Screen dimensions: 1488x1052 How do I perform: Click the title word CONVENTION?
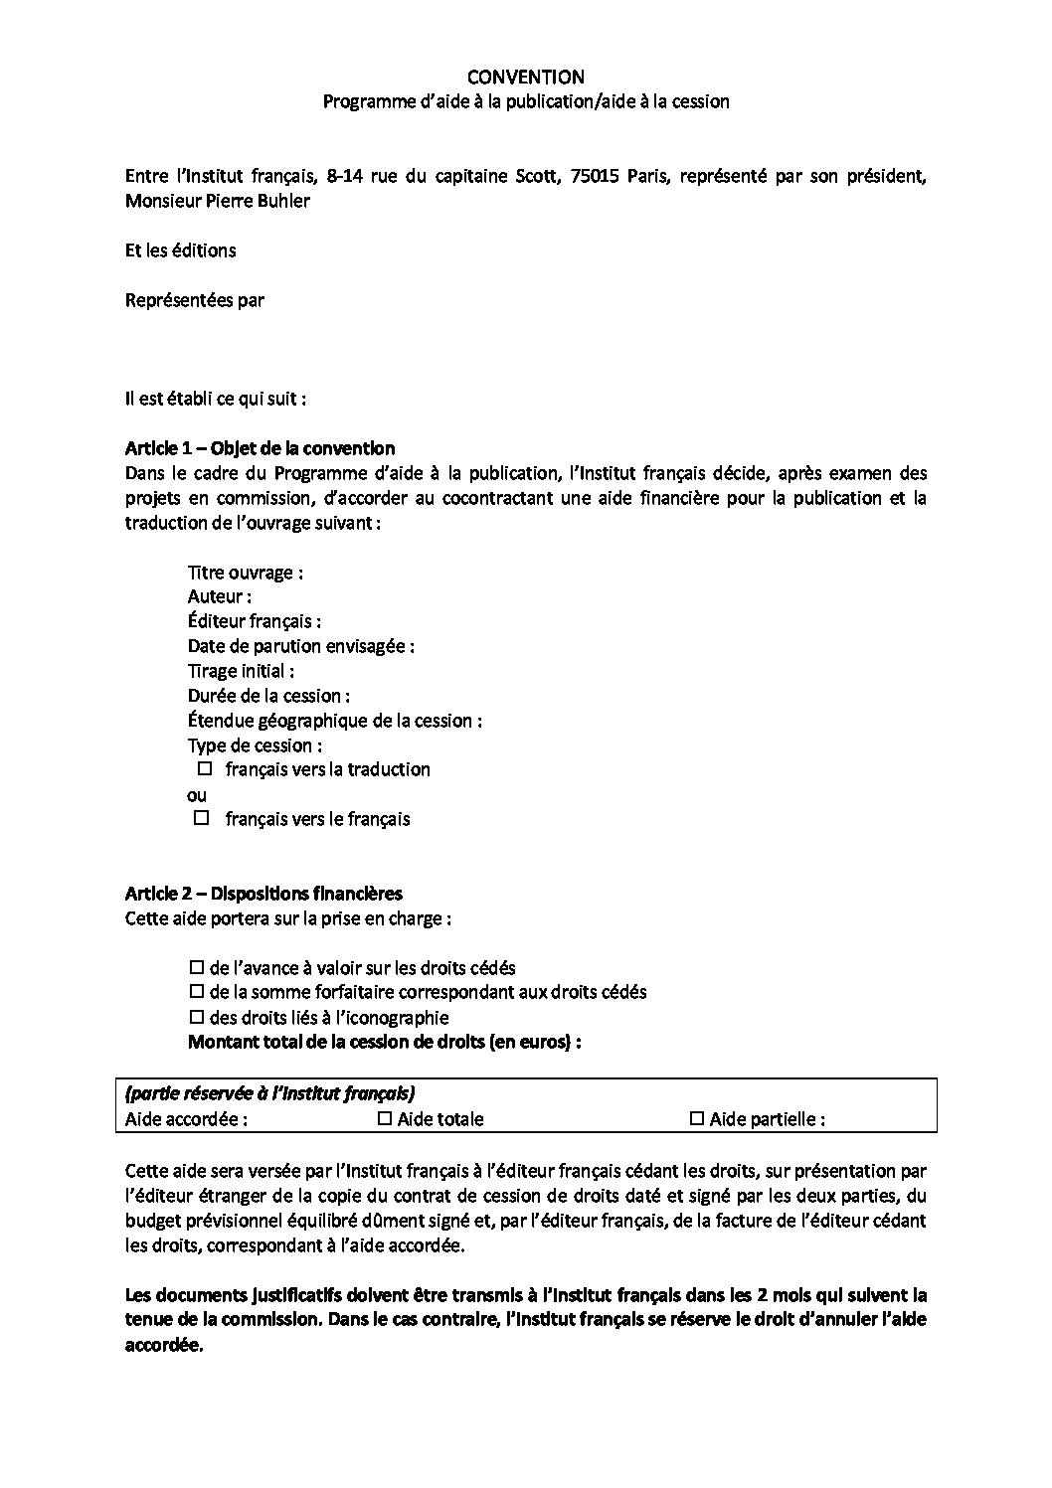526,77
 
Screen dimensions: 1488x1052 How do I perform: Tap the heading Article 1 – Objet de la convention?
260,448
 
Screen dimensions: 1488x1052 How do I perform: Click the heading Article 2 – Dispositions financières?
263,894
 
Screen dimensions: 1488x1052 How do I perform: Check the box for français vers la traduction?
206,769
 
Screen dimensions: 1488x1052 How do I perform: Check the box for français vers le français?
202,818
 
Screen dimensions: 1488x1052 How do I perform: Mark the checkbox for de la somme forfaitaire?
196,992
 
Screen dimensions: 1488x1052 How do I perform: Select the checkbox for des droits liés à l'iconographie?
196,1017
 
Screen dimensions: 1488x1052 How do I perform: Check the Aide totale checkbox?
386,1119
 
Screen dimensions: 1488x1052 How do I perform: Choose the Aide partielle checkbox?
697,1119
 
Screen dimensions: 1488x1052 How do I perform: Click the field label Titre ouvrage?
245,573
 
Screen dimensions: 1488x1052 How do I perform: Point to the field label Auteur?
219,596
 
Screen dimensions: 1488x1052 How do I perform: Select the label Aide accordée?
186,1119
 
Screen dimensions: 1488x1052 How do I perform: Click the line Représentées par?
195,299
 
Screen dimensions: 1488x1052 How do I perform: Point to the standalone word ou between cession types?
197,794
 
